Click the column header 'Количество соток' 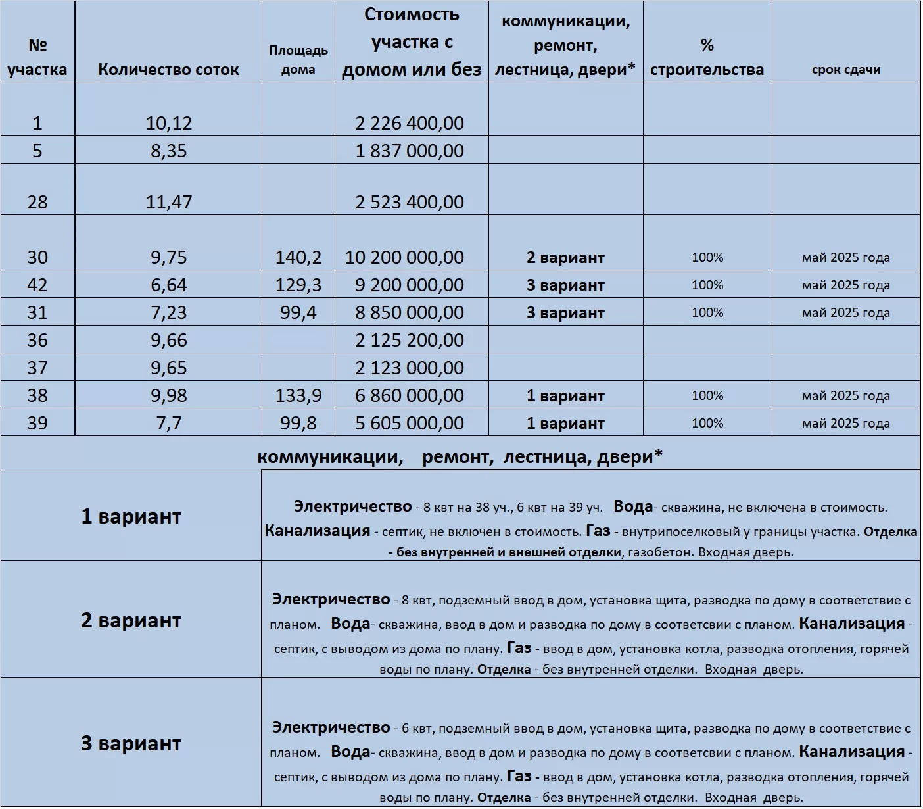168,70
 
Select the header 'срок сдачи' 845,70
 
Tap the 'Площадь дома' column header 298,60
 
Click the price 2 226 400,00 410,123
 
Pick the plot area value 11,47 168,202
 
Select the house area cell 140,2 298,257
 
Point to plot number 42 37,285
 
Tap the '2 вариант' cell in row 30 565,258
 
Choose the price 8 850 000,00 410,312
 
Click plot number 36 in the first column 37,340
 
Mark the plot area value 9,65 168,368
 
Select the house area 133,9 298,395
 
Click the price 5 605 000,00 410,423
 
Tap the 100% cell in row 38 707,395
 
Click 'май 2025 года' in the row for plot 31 845,313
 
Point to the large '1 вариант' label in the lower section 131,516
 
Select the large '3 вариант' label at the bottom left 131,743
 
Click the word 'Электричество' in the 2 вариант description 331,599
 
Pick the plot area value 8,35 168,151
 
